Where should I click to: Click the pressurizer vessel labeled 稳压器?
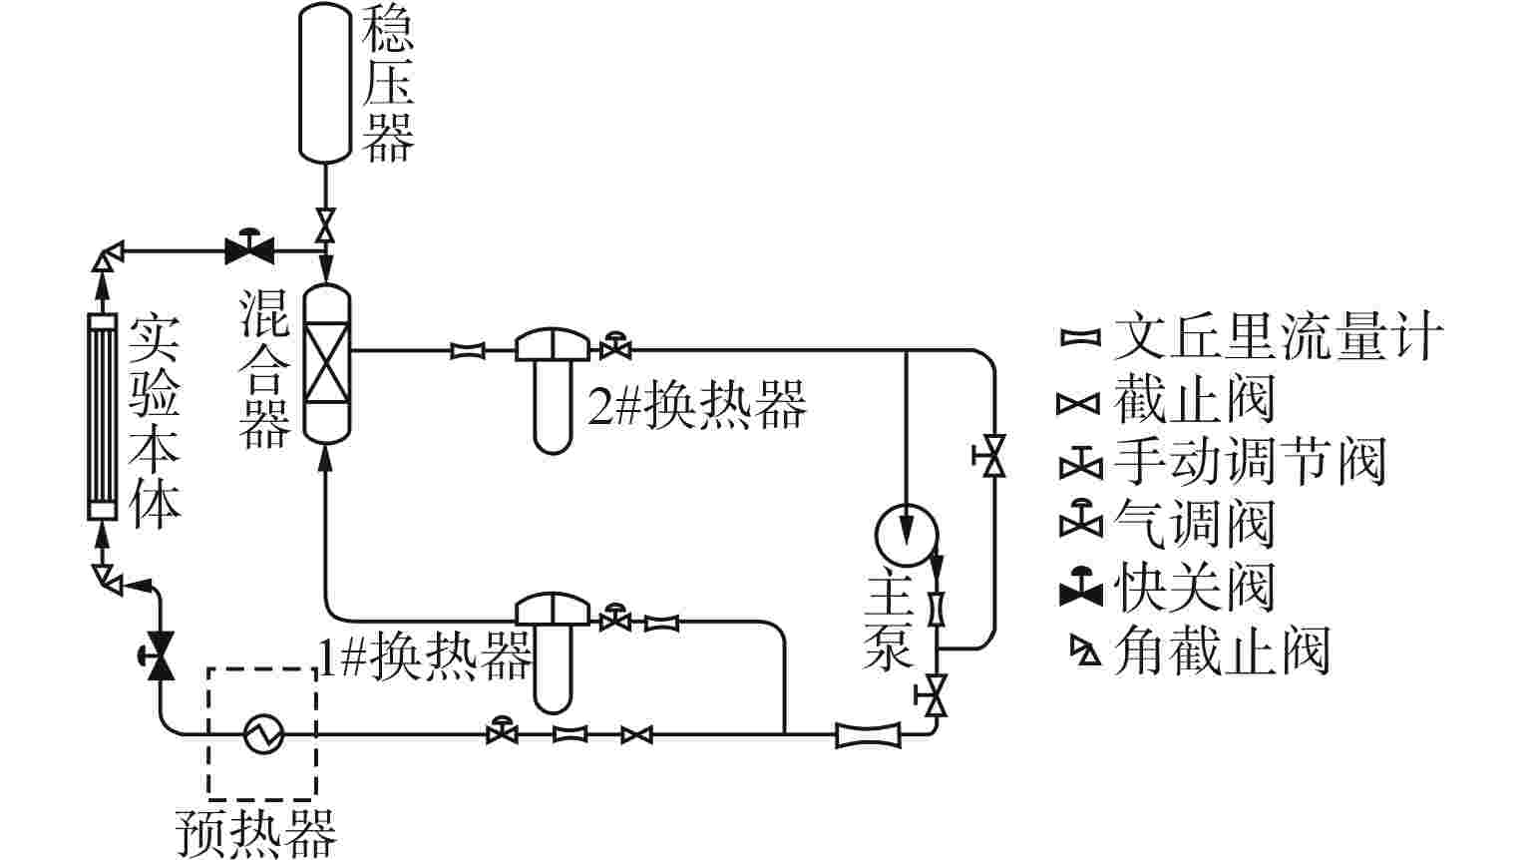325,80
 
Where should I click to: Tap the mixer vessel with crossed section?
326,364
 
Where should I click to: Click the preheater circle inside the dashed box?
264,734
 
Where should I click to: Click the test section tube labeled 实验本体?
101,417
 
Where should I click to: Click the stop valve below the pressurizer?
325,222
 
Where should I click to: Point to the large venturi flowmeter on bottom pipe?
867,735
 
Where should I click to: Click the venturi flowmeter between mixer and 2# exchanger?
468,350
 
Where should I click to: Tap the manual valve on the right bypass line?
991,457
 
